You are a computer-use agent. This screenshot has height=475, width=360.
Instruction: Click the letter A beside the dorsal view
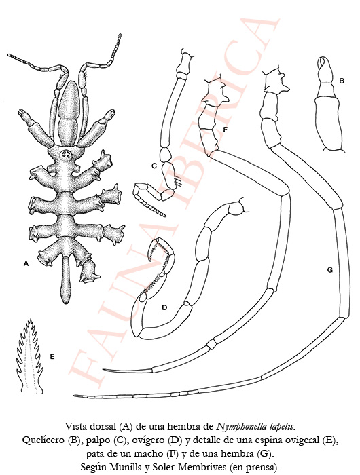(26, 263)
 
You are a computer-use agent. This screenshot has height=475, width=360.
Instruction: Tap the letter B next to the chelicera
(342, 81)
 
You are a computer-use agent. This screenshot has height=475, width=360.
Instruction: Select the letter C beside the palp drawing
(154, 166)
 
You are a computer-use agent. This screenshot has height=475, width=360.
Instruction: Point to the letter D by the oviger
(164, 308)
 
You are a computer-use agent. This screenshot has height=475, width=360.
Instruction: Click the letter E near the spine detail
(52, 356)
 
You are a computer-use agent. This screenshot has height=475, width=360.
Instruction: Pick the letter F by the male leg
(225, 130)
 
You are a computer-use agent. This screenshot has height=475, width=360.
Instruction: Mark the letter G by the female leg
(330, 269)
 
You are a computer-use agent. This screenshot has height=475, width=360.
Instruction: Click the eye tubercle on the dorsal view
(66, 155)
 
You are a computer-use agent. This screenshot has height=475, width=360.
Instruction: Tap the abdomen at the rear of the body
(67, 280)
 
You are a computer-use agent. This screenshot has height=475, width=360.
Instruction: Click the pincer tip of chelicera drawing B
(323, 63)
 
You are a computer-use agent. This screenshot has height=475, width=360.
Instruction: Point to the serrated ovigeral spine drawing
(29, 357)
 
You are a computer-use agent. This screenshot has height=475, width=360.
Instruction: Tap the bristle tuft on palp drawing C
(177, 181)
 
